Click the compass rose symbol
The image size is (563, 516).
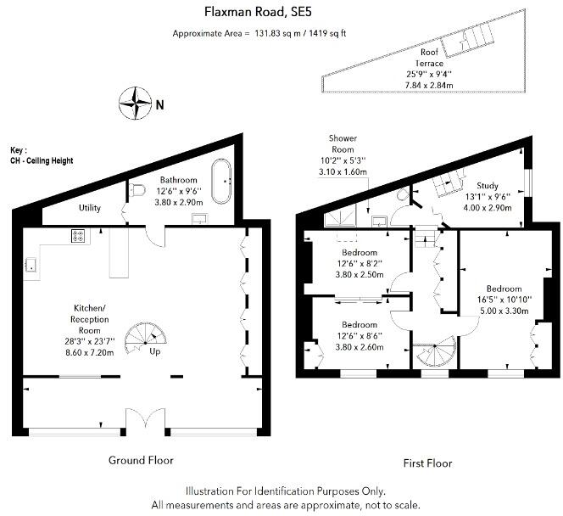[x=135, y=104]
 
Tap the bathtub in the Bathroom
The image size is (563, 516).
[x=221, y=182]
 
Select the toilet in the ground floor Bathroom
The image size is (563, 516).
[x=137, y=190]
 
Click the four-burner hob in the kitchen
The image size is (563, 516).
[x=78, y=236]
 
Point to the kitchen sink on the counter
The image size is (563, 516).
[x=31, y=265]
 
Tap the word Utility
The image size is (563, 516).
[x=90, y=208]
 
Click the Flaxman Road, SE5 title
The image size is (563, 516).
[x=258, y=12]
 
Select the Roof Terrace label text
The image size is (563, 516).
[x=429, y=58]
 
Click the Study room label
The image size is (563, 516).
[x=488, y=186]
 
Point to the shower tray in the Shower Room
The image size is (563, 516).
[x=340, y=218]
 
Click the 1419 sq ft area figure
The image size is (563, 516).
[x=328, y=33]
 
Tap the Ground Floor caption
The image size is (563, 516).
[x=141, y=460]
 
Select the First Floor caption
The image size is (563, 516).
[x=427, y=463]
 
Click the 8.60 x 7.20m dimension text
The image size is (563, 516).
[x=90, y=352]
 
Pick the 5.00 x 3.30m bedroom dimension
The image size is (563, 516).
[x=504, y=311]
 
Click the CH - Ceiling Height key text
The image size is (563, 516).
[x=42, y=160]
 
